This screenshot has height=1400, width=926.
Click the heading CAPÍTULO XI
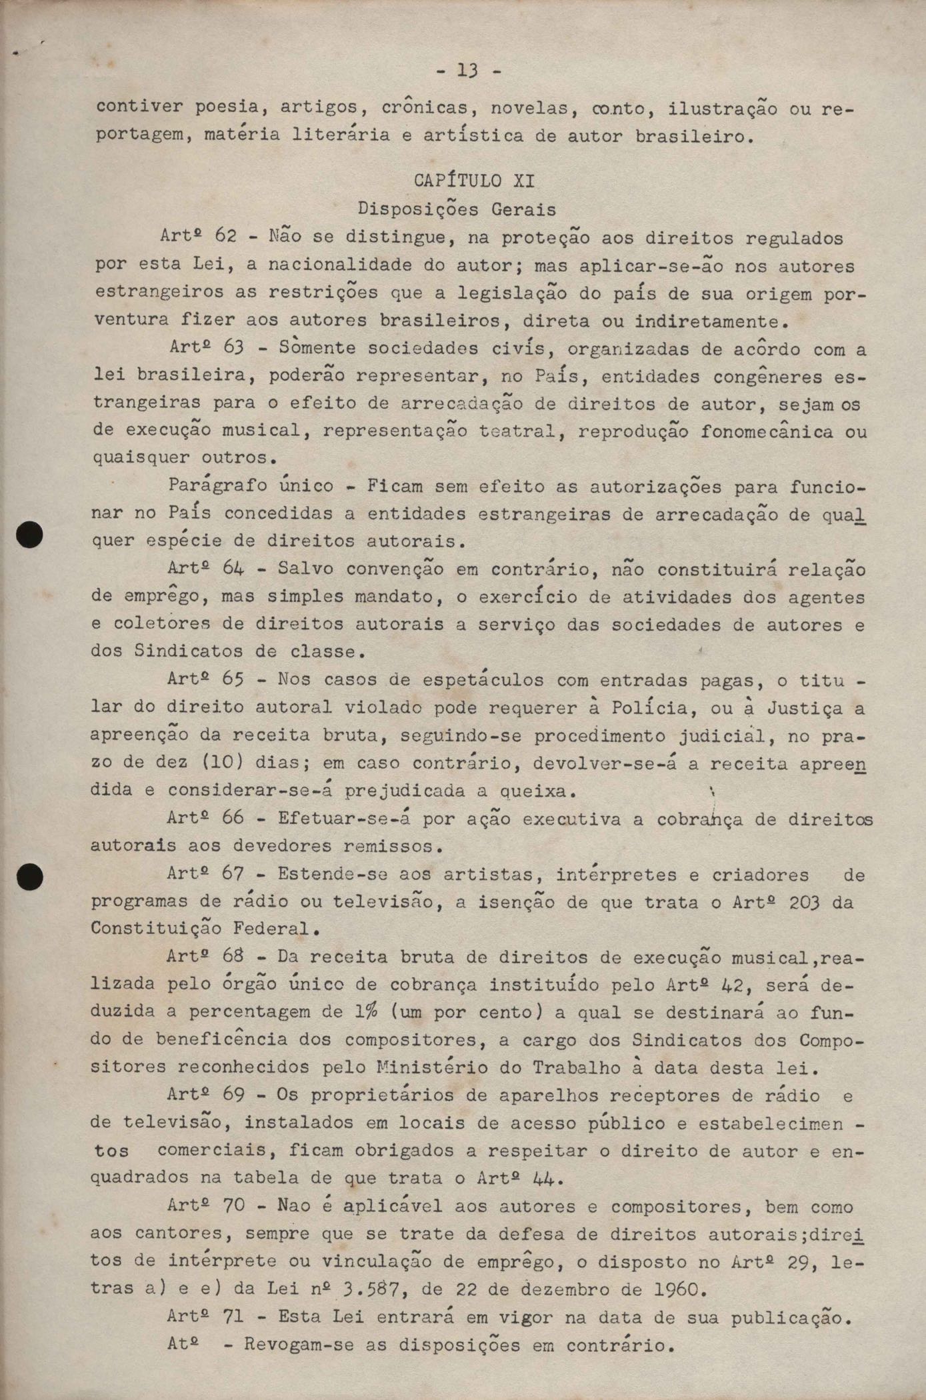coord(473,181)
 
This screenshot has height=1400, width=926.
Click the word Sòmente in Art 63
coord(317,348)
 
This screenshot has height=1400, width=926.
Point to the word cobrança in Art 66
coord(708,819)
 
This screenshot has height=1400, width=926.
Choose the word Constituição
coord(155,929)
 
